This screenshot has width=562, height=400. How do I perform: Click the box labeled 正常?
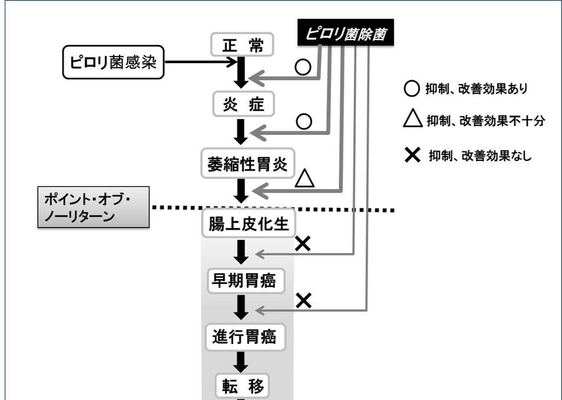click(242, 44)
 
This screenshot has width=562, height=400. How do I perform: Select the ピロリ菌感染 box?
click(113, 62)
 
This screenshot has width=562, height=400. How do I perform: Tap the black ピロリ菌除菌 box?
click(346, 32)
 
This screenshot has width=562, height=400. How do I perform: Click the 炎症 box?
click(244, 104)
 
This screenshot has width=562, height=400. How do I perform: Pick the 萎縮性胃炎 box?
click(247, 163)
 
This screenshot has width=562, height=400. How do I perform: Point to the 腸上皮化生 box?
click(249, 223)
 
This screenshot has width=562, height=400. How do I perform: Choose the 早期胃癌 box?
click(246, 280)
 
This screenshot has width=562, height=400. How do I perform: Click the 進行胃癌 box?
click(245, 337)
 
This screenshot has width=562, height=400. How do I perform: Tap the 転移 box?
click(242, 385)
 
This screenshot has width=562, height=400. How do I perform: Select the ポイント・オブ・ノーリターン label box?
click(94, 207)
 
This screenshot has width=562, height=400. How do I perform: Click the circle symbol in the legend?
click(411, 88)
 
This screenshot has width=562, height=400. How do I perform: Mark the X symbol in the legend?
click(412, 155)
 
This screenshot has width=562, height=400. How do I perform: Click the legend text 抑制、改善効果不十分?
click(485, 121)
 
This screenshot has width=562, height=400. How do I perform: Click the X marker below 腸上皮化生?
click(303, 244)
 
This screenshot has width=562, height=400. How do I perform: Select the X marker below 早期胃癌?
click(303, 300)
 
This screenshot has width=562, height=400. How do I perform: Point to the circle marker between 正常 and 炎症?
click(303, 67)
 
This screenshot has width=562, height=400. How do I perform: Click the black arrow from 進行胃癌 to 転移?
click(241, 362)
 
